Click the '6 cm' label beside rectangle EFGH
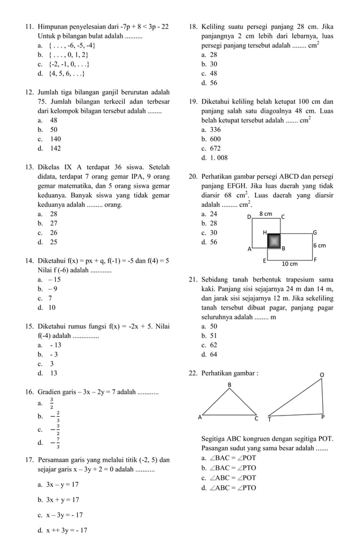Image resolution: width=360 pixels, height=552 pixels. click(319, 245)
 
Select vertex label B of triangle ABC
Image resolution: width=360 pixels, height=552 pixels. click(229, 385)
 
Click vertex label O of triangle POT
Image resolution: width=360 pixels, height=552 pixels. click(322, 374)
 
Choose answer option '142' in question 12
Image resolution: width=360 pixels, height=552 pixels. click(55, 149)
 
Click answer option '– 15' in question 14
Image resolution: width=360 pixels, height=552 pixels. click(54, 280)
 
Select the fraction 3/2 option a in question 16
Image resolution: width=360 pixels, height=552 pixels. click(51, 403)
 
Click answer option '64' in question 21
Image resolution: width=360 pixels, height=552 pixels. click(213, 355)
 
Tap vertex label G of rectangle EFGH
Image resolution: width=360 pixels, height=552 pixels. click(315, 232)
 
